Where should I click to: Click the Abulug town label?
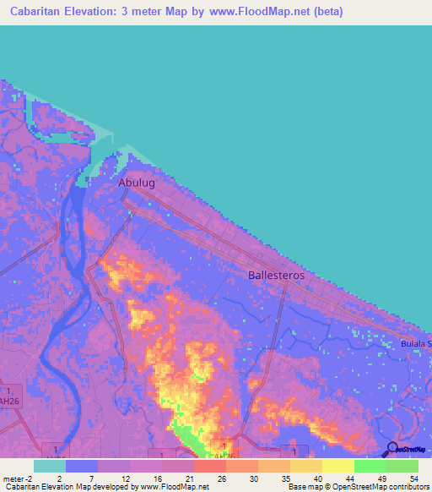pyautogui.click(x=137, y=182)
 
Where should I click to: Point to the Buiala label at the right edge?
pyautogui.click(x=416, y=344)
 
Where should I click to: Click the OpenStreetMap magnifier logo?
pyautogui.click(x=391, y=449)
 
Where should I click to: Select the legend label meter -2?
pyautogui.click(x=16, y=478)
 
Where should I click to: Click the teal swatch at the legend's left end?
pyautogui.click(x=49, y=466)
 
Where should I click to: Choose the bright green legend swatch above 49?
pyautogui.click(x=370, y=466)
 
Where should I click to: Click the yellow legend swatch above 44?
pyautogui.click(x=337, y=466)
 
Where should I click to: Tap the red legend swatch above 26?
pyautogui.click(x=209, y=466)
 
